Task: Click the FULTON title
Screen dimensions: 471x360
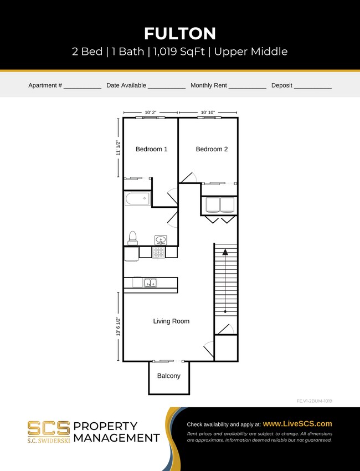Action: click(179, 33)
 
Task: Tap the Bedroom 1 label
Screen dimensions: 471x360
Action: click(151, 149)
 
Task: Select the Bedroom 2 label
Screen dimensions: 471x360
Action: click(212, 149)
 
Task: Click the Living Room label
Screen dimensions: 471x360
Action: click(171, 321)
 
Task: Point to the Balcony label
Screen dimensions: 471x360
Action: click(168, 376)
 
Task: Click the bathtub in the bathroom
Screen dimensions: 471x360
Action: click(137, 199)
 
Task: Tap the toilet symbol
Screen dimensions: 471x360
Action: click(132, 237)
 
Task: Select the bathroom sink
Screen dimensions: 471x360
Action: click(161, 240)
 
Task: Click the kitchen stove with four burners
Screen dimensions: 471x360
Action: click(158, 253)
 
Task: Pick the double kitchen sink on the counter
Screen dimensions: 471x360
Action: click(150, 283)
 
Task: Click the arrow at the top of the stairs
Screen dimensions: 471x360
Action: click(225, 252)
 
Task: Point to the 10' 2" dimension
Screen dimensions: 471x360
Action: click(151, 112)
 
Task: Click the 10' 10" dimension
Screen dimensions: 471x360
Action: click(208, 112)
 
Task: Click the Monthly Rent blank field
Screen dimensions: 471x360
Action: click(247, 86)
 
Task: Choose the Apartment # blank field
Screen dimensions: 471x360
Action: click(82, 86)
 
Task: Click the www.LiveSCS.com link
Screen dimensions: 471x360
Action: click(297, 423)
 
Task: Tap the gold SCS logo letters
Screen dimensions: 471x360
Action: click(49, 428)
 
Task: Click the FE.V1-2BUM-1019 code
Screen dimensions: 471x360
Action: click(314, 401)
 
